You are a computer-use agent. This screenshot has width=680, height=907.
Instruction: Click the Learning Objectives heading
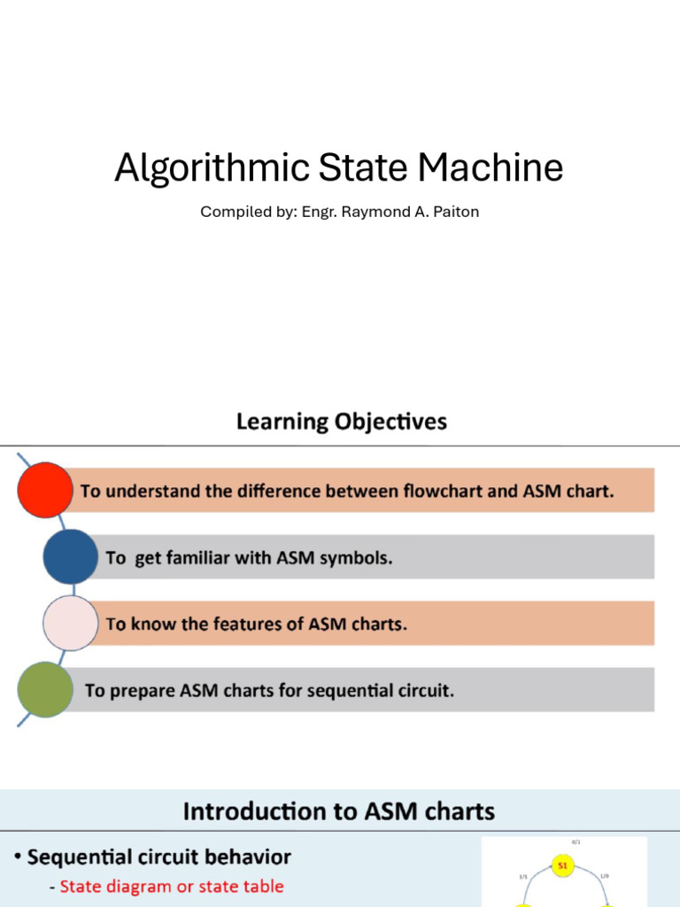(341, 422)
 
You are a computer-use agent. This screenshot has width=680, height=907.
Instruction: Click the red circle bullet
(45, 490)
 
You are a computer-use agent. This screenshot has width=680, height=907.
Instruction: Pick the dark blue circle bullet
(70, 556)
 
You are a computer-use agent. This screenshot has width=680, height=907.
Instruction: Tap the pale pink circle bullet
(70, 623)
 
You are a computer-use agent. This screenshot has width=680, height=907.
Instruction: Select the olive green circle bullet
(45, 689)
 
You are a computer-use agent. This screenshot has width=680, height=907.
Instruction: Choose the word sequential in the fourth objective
(358, 690)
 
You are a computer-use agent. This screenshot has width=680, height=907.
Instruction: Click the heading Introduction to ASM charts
(338, 810)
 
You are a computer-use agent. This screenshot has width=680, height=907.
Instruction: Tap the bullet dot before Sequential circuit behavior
(18, 858)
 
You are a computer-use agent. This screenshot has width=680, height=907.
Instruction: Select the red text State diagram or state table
(172, 886)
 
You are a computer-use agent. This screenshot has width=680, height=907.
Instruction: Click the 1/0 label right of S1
(605, 876)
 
